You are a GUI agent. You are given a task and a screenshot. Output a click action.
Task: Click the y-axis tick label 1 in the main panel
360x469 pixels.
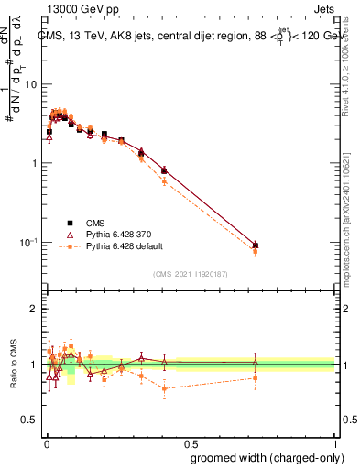[34, 163]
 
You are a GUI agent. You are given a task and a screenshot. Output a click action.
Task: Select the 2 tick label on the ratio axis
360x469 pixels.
[34, 309]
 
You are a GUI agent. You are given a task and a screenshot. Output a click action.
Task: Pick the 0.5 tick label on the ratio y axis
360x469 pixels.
[29, 420]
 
